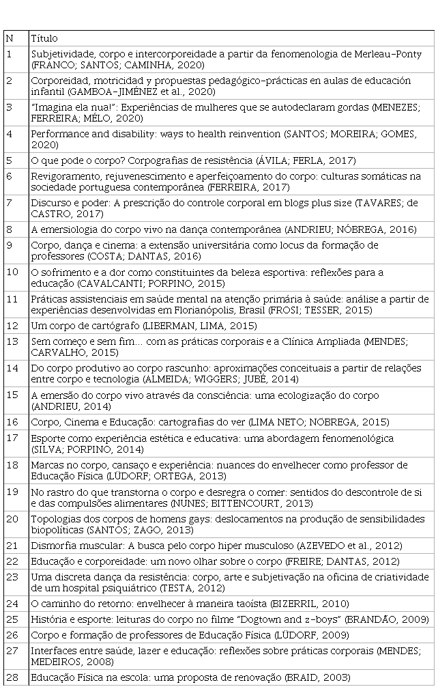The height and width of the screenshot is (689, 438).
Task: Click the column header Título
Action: tap(44, 39)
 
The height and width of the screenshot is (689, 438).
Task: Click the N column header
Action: tap(9, 39)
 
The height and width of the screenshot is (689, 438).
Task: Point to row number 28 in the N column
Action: tap(12, 677)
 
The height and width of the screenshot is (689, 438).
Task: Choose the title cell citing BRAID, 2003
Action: tap(190, 677)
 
